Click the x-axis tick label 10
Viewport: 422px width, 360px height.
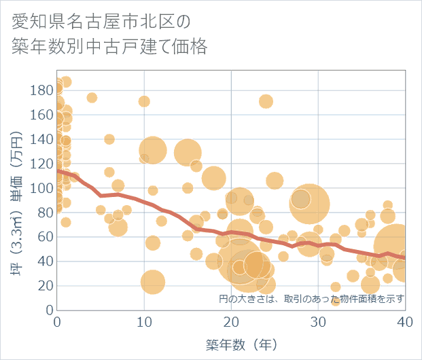point(144,321)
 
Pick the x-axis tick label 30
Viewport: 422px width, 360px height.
point(318,321)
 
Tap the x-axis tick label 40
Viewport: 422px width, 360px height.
point(405,321)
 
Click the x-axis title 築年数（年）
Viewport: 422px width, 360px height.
point(231,345)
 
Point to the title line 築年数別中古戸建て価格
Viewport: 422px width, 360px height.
point(109,47)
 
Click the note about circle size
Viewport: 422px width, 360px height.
point(312,299)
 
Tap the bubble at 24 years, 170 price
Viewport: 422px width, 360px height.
point(266,101)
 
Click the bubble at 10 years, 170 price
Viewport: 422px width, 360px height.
point(144,101)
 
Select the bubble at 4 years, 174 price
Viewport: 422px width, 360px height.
point(92,97)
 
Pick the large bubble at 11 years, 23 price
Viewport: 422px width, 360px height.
point(153,281)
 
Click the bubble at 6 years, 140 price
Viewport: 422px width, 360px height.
point(109,139)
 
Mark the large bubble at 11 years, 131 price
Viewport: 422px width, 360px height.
point(153,150)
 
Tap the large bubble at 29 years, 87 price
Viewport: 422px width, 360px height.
point(310,203)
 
